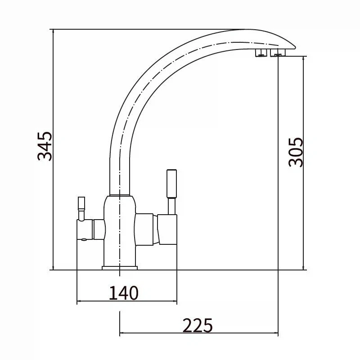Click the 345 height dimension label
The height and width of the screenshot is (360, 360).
[x=45, y=146]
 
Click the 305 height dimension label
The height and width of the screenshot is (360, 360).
[x=296, y=152]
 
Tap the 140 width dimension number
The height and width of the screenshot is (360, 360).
[x=123, y=293]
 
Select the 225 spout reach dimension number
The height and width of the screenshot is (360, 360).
[x=198, y=325]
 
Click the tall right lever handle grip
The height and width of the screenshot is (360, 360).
[x=171, y=184]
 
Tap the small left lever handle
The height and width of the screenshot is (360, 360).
[x=81, y=208]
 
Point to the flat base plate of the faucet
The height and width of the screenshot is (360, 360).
[x=120, y=268]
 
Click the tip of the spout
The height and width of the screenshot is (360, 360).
[x=295, y=48]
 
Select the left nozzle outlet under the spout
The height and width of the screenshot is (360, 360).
[x=261, y=53]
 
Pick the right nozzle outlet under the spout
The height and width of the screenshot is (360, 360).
[x=278, y=53]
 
